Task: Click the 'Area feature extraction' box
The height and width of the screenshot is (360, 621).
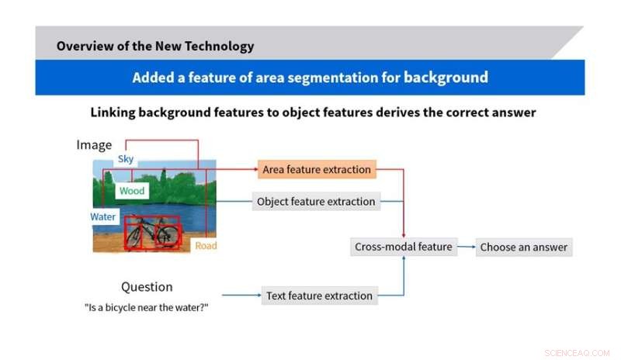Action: pyautogui.click(x=317, y=169)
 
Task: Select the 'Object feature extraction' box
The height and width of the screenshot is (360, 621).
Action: pyautogui.click(x=316, y=202)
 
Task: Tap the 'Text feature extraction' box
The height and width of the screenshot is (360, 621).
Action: pyautogui.click(x=319, y=296)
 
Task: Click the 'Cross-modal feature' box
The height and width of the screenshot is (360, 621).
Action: pyautogui.click(x=403, y=247)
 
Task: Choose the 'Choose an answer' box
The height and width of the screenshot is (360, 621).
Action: pyautogui.click(x=523, y=247)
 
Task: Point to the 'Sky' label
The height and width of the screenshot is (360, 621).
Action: pyautogui.click(x=126, y=159)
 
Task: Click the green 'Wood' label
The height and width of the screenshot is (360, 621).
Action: pyautogui.click(x=132, y=191)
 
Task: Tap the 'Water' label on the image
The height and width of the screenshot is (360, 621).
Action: pyautogui.click(x=103, y=217)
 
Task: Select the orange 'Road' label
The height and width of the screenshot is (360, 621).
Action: pyautogui.click(x=206, y=246)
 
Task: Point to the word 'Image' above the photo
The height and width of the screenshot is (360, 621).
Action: pyautogui.click(x=94, y=145)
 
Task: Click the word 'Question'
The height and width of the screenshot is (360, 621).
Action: pyautogui.click(x=147, y=287)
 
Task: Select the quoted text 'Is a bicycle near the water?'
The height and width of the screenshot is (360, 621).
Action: pyautogui.click(x=147, y=306)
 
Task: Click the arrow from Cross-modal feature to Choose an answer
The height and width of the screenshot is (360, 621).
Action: pyautogui.click(x=466, y=247)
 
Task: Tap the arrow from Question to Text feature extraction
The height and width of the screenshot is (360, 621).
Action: pyautogui.click(x=241, y=296)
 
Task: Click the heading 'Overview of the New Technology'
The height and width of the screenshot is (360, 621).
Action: pyautogui.click(x=155, y=46)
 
